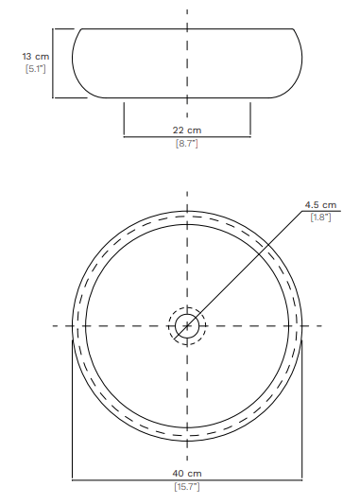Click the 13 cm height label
point(36,57)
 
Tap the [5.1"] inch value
point(36,69)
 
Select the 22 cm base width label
point(187,130)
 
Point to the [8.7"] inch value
point(187,144)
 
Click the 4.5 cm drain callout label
point(320,205)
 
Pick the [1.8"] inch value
point(320,217)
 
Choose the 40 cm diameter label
point(187,474)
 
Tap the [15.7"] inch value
point(187,487)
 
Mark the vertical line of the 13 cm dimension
point(53,63)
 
